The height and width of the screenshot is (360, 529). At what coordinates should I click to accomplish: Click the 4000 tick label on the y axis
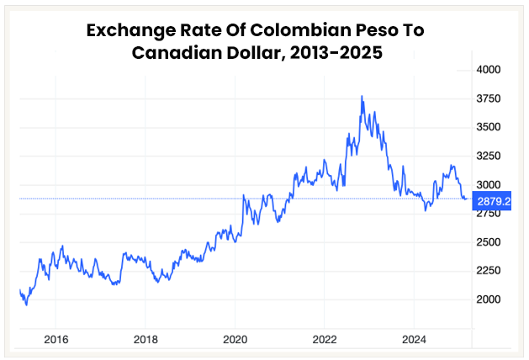tap(489, 70)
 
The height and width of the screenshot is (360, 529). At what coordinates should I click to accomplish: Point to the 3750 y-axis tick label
tap(489, 98)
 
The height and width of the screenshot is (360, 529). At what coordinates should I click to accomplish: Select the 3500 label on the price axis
tap(489, 127)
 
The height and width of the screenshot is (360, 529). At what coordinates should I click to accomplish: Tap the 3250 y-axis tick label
tap(489, 156)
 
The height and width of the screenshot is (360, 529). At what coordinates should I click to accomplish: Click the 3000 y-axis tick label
tap(489, 184)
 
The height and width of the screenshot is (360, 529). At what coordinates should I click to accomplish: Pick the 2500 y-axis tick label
tap(489, 241)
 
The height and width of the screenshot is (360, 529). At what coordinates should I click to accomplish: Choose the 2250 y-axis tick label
tap(489, 270)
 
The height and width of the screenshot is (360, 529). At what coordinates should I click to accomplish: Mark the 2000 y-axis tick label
tap(489, 299)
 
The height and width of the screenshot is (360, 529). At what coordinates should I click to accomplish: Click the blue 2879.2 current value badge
tap(495, 201)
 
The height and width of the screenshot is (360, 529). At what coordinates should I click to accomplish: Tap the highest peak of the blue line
tap(362, 96)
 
